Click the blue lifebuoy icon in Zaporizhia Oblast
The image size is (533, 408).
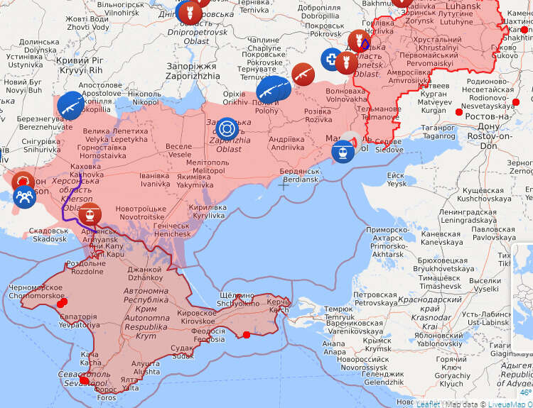tap(227, 129)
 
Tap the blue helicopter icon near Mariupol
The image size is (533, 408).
tap(343, 151)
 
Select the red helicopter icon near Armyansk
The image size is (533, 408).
tap(90, 214)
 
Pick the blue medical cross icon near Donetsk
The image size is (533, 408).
tap(331, 59)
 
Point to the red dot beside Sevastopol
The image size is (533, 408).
tap(85, 380)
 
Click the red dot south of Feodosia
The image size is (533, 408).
tap(246, 335)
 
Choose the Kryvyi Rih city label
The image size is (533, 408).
tap(80, 66)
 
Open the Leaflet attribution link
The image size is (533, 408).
tap(428, 404)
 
